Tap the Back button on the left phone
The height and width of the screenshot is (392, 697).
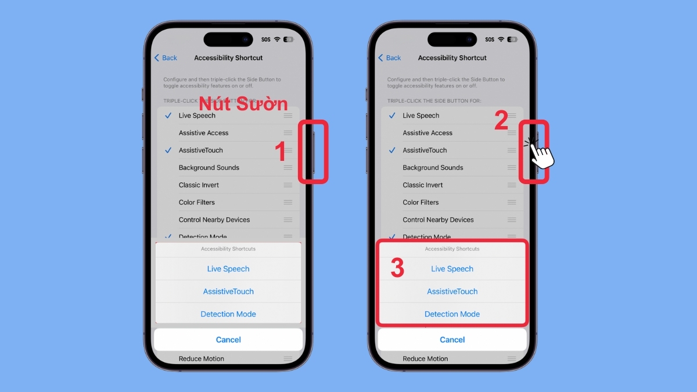[166, 58]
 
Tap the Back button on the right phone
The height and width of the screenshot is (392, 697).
[390, 58]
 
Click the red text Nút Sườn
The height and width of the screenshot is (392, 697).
[243, 105]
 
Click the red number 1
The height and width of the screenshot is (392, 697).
[281, 152]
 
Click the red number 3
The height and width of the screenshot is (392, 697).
[397, 268]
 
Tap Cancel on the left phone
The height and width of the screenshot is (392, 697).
[228, 340]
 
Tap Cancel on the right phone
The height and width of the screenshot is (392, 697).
[452, 340]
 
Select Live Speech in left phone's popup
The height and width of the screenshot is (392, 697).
[228, 269]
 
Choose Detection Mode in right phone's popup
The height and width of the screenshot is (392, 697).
[452, 314]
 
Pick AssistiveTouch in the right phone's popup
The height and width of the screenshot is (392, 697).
[452, 292]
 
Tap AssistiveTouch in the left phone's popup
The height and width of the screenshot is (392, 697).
[228, 292]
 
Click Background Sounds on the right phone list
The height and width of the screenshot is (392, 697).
[433, 168]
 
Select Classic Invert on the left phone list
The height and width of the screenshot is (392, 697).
[199, 185]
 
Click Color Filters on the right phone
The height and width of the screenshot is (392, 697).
[421, 203]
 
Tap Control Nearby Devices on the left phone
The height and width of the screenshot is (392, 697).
[214, 220]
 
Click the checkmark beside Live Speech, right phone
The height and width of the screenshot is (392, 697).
[392, 116]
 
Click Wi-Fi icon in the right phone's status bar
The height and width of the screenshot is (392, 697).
[501, 39]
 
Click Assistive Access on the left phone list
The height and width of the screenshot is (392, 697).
[203, 133]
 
